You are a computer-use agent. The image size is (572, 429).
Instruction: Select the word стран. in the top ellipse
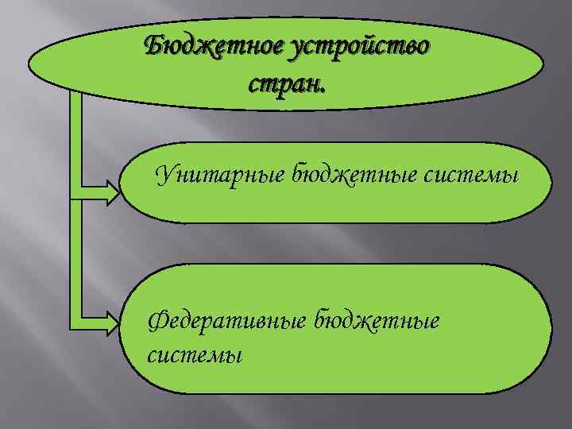(286, 82)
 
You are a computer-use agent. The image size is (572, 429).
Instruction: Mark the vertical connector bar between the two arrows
(77, 254)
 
